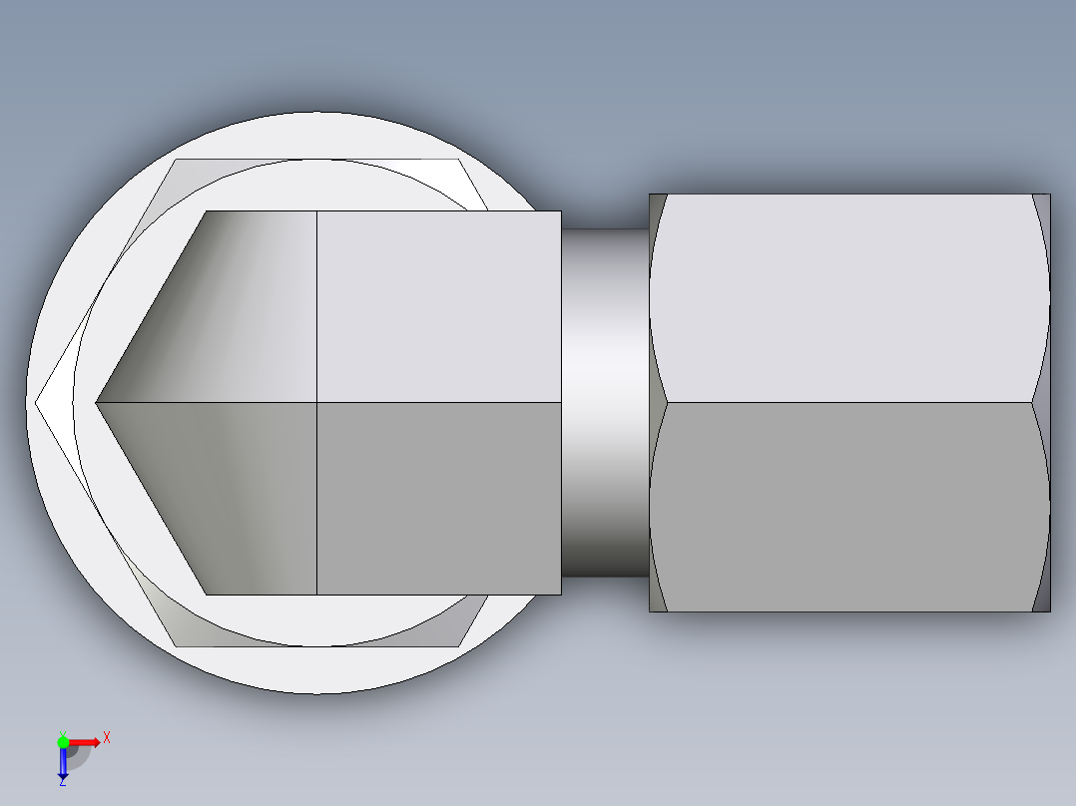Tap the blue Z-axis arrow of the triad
pyautogui.click(x=63, y=763)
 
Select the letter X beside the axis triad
pyautogui.click(x=107, y=737)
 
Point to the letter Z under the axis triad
pyautogui.click(x=62, y=782)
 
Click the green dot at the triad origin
pyautogui.click(x=63, y=741)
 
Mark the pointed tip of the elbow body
pyautogui.click(x=98, y=403)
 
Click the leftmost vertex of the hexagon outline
pyautogui.click(x=37, y=403)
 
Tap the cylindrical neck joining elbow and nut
pyautogui.click(x=604, y=403)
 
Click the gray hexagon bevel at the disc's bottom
pyautogui.click(x=319, y=637)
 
